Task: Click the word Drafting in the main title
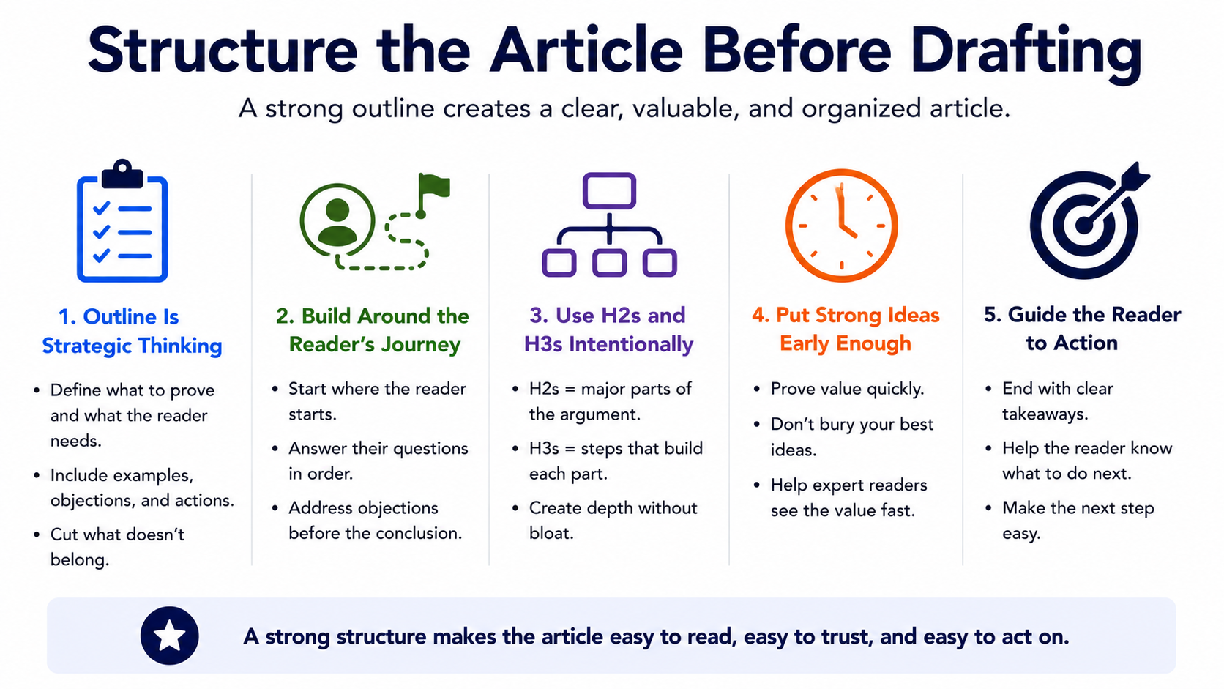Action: click(x=1026, y=53)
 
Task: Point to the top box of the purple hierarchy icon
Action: click(x=609, y=190)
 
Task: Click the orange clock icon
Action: click(x=842, y=225)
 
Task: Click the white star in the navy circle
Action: click(x=169, y=636)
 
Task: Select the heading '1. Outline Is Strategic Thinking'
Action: click(x=132, y=331)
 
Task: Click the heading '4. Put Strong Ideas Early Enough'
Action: click(x=846, y=329)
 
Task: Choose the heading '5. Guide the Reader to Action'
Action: click(x=1082, y=328)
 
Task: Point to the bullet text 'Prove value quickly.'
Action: click(x=847, y=389)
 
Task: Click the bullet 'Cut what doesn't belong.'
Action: click(x=117, y=546)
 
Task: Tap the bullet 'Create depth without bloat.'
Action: click(x=613, y=520)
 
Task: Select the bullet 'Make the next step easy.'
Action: click(x=1078, y=520)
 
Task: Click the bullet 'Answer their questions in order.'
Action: click(x=378, y=461)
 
